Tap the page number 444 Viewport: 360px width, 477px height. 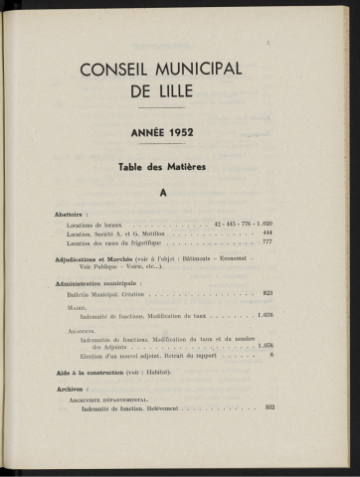[267, 232]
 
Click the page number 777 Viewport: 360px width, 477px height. [267, 241]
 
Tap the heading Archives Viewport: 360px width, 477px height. [69, 388]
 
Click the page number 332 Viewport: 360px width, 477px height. [270, 407]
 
